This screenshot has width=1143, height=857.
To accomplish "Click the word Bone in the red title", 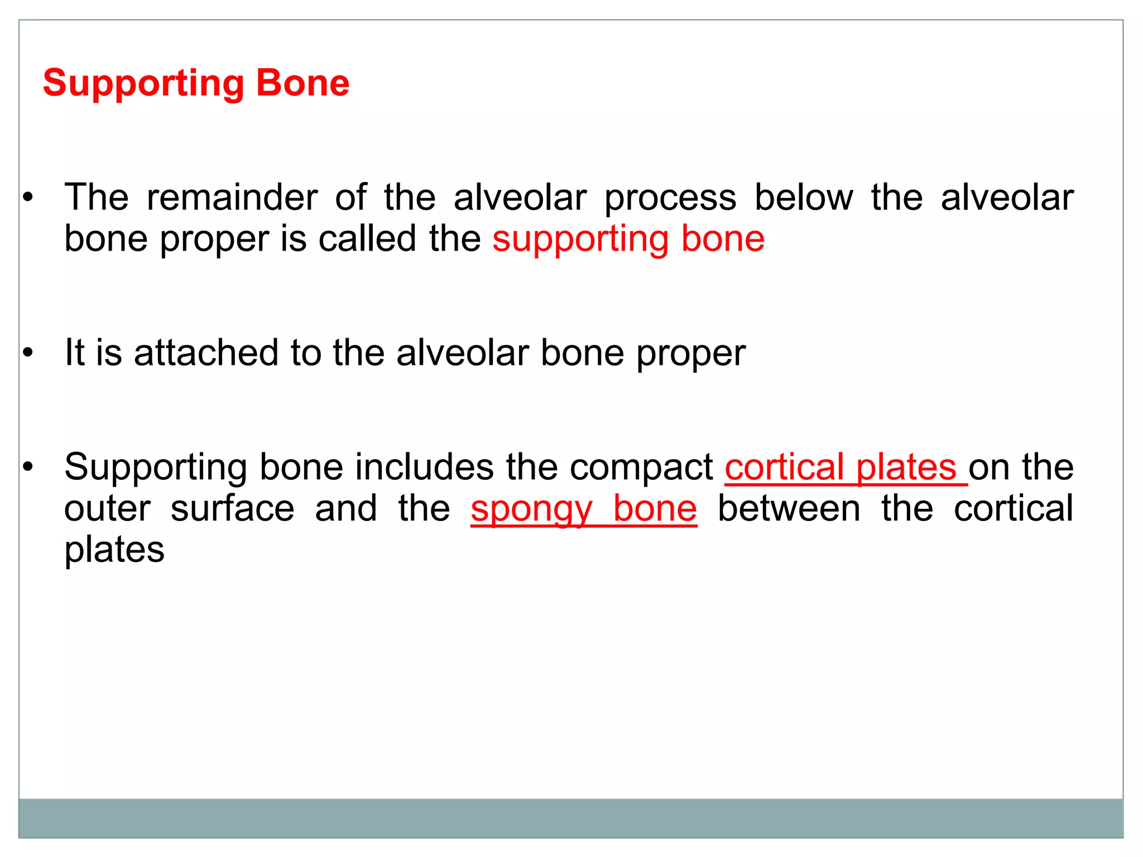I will [x=302, y=83].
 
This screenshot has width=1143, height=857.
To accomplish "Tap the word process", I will [x=670, y=199].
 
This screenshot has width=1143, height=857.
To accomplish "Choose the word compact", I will [x=641, y=468].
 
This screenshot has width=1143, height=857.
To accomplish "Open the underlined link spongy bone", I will [x=584, y=509].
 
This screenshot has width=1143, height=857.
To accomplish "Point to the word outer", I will [x=108, y=509].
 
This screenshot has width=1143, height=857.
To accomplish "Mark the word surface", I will [x=232, y=509].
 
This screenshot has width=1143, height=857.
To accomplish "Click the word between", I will [x=789, y=509].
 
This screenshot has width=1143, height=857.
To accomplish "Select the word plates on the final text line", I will [x=114, y=550].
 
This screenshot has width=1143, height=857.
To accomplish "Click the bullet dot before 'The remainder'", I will [x=28, y=198].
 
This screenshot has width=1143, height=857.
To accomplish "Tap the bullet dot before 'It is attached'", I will [x=28, y=353].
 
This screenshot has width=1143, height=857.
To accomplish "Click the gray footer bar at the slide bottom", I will [x=570, y=818].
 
